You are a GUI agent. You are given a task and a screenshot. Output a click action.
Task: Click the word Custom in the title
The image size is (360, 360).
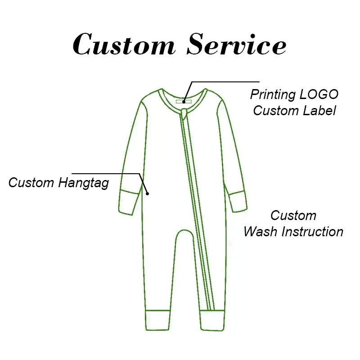(124, 44)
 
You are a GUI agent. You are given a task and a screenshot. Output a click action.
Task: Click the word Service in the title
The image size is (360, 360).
(237, 44)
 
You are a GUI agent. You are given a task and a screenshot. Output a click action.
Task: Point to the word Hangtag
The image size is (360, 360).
(84, 183)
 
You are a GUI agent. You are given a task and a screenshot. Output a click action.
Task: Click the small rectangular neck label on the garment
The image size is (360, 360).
(184, 102)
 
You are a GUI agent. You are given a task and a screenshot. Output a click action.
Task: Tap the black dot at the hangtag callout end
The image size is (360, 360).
(148, 194)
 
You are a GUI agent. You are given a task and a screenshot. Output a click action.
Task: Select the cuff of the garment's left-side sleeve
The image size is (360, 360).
(129, 202)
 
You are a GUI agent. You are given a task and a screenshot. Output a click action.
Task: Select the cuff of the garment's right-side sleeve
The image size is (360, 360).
(238, 201)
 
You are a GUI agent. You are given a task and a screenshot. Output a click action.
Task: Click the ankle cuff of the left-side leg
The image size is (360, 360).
(158, 320)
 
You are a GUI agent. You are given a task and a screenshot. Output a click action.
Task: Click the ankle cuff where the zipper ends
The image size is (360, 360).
(212, 320)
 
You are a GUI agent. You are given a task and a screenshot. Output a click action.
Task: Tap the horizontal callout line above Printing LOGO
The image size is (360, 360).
(225, 81)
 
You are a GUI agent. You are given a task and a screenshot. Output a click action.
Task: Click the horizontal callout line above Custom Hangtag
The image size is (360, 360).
(106, 174)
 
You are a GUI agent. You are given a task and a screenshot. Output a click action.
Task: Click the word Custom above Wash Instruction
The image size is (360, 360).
(293, 216)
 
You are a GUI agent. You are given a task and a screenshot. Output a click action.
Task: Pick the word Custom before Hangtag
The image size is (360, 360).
(31, 183)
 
